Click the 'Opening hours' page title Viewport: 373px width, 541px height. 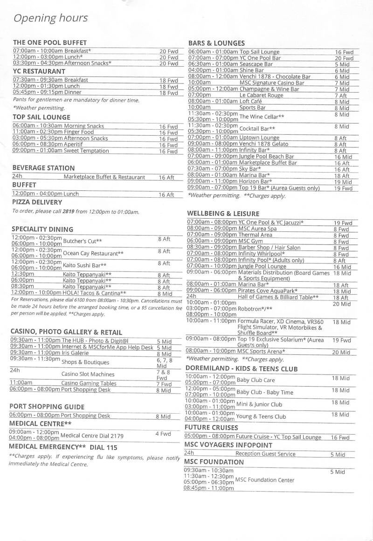click(50, 18)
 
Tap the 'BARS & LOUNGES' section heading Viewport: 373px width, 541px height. click(216, 43)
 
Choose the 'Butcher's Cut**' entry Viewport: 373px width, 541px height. click(82, 241)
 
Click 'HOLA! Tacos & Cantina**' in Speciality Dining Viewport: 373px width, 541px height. click(94, 293)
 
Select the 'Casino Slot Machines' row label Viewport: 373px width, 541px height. click(88, 374)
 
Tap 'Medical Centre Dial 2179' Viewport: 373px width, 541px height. click(92, 436)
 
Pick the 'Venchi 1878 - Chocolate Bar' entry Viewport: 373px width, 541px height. click(275, 76)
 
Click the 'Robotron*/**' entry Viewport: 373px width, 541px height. click(255, 308)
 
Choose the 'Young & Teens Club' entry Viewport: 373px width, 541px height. click(261, 416)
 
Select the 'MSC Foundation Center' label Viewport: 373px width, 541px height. click(264, 480)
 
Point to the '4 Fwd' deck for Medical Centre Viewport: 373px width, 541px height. click(163, 434)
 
